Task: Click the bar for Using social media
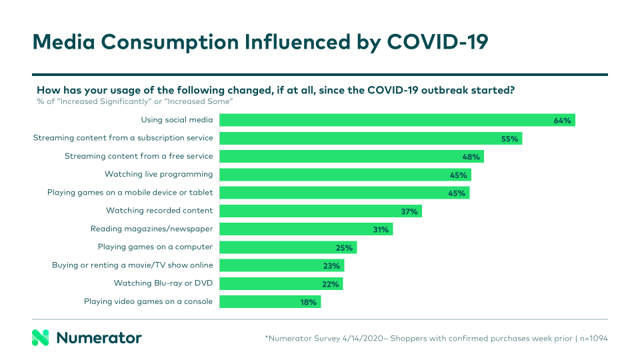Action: pyautogui.click(x=397, y=120)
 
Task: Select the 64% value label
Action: pyautogui.click(x=562, y=121)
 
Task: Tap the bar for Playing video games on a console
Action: pyautogui.click(x=270, y=302)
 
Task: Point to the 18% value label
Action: pyautogui.click(x=309, y=302)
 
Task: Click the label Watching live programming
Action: pyautogui.click(x=159, y=175)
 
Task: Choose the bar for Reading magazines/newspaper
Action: pyautogui.click(x=306, y=229)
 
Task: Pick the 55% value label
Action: pyautogui.click(x=509, y=139)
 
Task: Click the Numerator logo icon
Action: pyautogui.click(x=41, y=337)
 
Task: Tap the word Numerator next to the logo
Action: pyautogui.click(x=99, y=338)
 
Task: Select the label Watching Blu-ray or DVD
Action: pyautogui.click(x=163, y=283)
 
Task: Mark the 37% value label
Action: pyautogui.click(x=409, y=211)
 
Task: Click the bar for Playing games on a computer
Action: pyautogui.click(x=288, y=247)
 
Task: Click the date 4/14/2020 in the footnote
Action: pyautogui.click(x=364, y=339)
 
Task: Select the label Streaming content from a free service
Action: pyautogui.click(x=139, y=157)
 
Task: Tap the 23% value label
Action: pyautogui.click(x=331, y=266)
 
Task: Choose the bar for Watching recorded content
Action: pyautogui.click(x=321, y=211)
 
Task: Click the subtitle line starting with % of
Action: pyautogui.click(x=134, y=101)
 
